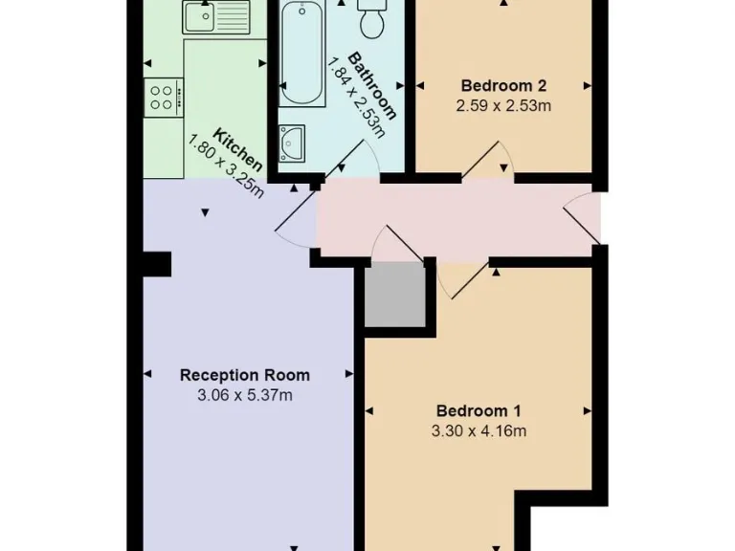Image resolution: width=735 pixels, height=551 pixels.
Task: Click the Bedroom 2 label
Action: click(503, 84)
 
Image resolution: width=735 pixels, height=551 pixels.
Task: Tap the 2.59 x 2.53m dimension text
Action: click(503, 105)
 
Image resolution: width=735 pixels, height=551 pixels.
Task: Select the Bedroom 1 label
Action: click(479, 410)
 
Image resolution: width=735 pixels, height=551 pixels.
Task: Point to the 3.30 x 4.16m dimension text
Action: click(479, 430)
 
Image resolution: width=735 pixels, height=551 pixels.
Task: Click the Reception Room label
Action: click(245, 375)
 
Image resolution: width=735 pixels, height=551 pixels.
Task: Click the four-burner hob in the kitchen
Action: click(162, 97)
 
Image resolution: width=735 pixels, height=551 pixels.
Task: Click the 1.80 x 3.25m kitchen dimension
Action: click(227, 165)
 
